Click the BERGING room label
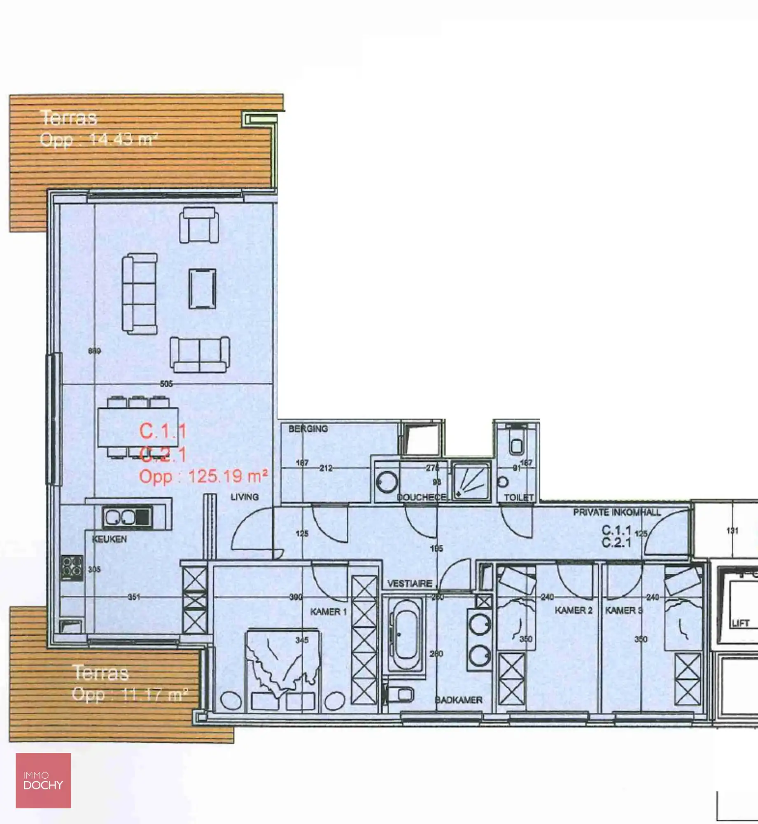[308, 429]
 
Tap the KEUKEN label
[110, 539]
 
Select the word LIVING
[245, 497]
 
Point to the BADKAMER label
[459, 700]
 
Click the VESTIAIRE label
[410, 583]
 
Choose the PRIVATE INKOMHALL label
[617, 513]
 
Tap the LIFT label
[740, 623]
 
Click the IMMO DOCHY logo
[43, 781]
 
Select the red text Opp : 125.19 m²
[203, 477]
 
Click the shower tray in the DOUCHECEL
[471, 480]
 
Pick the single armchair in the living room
[199, 225]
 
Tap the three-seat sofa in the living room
[140, 293]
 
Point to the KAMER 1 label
[328, 612]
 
